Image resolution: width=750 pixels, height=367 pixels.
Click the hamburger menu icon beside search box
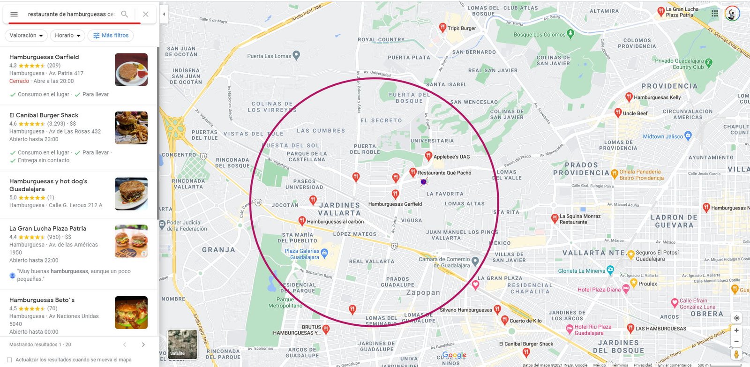[14, 14]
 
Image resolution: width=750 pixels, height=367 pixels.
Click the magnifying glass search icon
[124, 14]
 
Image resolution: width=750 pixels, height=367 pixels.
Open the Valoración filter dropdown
[26, 36]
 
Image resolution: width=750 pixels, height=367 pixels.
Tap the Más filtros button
[111, 36]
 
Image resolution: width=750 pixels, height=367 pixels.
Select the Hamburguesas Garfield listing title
[44, 57]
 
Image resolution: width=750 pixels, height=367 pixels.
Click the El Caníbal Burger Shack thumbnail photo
[131, 127]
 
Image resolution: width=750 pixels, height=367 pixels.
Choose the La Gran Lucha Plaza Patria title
[48, 229]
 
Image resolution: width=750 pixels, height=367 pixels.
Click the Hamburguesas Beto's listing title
[42, 300]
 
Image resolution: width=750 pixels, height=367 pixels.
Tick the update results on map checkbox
[9, 360]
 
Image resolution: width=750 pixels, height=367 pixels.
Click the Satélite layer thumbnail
[182, 345]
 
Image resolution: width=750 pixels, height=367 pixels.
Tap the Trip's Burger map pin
[442, 28]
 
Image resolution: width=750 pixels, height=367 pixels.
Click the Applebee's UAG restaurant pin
[428, 156]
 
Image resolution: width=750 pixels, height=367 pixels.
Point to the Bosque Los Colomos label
[540, 35]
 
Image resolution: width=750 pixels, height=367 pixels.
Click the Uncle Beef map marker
[618, 113]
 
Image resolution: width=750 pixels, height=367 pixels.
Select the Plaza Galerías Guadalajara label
[302, 254]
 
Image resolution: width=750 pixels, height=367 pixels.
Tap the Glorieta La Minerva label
[581, 271]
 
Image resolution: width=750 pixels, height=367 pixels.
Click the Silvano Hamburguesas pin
[497, 309]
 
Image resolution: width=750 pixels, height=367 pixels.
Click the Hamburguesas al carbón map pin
[302, 221]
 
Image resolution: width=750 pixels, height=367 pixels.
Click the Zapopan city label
[423, 292]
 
